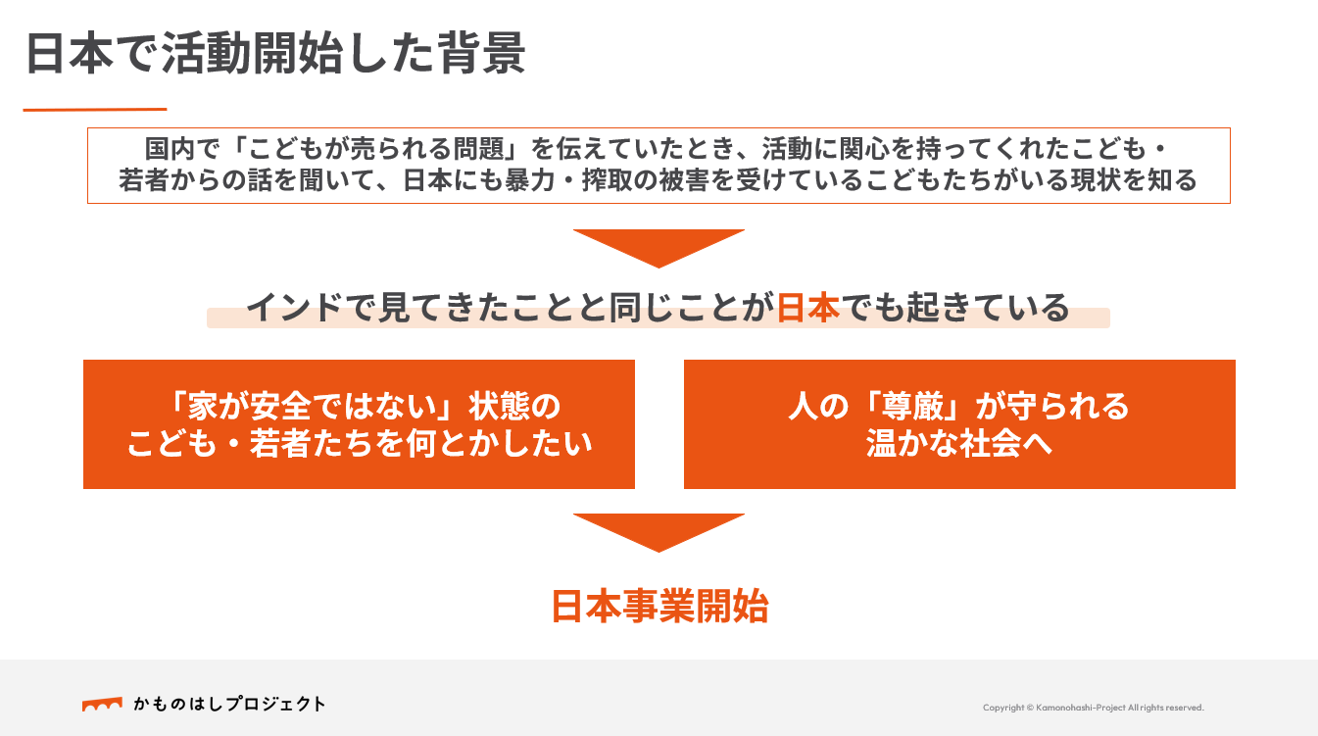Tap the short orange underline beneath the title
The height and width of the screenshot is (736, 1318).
[x=95, y=110]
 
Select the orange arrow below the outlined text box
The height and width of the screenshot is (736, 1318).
[x=659, y=248]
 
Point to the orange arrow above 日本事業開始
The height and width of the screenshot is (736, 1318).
[x=659, y=532]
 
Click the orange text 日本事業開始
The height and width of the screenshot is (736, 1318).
[x=659, y=607]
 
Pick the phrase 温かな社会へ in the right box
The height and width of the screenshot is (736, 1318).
[x=958, y=444]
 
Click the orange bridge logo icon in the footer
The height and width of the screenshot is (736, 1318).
[x=102, y=705]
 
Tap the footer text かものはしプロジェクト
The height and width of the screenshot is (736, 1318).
[x=229, y=705]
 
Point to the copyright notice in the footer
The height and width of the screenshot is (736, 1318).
[x=1094, y=708]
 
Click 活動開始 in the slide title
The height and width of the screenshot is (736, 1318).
[x=254, y=53]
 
